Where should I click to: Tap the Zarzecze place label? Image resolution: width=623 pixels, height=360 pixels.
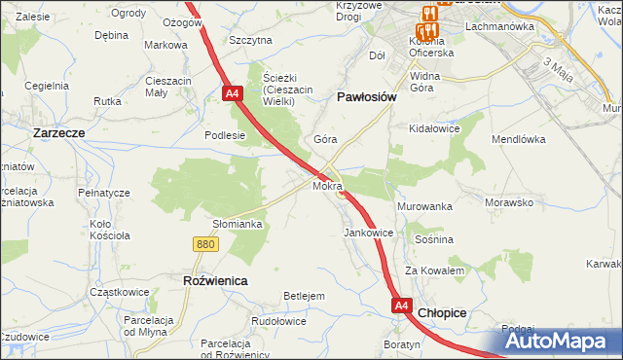pos(61,131)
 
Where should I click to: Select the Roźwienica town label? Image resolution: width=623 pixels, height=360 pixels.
pos(215,280)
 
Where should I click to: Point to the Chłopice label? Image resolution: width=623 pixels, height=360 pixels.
pos(442,313)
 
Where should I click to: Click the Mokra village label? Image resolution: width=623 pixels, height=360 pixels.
pos(327,185)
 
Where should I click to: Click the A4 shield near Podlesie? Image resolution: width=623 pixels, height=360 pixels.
pos(232,94)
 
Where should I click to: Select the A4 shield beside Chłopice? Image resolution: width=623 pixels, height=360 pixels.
pos(402,306)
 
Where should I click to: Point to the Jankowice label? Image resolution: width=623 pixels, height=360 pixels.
pos(368,234)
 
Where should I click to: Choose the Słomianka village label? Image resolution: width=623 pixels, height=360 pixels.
pos(238,224)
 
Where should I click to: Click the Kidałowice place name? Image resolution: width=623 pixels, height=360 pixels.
pos(434,128)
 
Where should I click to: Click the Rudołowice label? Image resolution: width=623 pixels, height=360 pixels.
pos(279,321)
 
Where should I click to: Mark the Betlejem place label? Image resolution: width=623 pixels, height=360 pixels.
pos(303,295)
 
